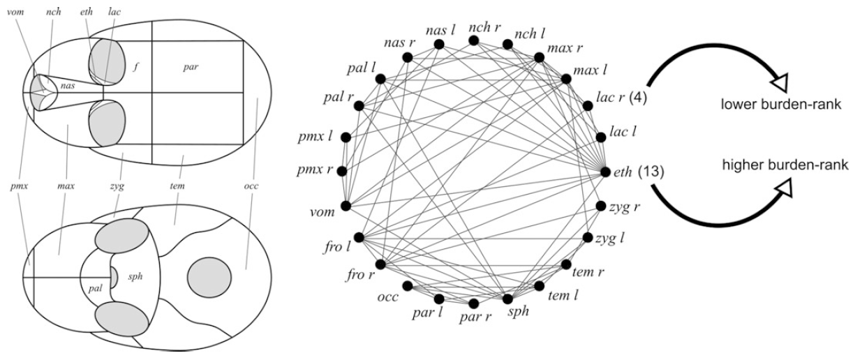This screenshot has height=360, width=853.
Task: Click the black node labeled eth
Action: point(604,170)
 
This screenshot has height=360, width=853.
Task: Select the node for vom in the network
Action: point(346,207)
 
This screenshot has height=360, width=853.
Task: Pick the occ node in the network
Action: point(408,286)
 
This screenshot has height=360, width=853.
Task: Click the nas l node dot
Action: point(440,44)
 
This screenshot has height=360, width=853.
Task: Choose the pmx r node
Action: point(342,170)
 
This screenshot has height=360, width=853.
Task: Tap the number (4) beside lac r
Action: point(640,98)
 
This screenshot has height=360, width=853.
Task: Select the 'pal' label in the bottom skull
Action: point(96,287)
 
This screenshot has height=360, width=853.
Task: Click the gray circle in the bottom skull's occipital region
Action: point(209,276)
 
